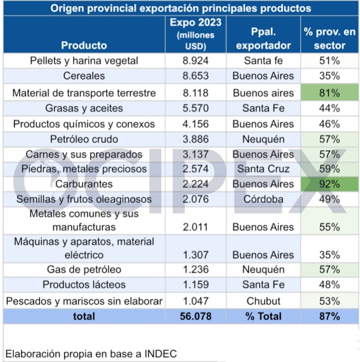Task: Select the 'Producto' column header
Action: coord(84,45)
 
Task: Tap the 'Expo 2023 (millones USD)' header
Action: coord(196,34)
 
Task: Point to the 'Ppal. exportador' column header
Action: coord(263,39)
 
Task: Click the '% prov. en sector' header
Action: coord(330,39)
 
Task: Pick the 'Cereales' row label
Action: coord(84,75)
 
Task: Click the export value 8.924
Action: coord(196,60)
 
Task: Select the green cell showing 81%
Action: coord(330,93)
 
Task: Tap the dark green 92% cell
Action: coord(330,184)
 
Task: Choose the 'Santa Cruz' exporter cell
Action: coord(263,168)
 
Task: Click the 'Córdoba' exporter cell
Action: coord(263,199)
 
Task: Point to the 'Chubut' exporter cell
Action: coord(263,301)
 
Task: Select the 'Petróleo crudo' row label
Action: coord(84,138)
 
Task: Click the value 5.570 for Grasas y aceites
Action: coord(196,108)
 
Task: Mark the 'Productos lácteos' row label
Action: coord(84,285)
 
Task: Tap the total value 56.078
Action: coord(196,316)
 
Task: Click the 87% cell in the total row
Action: coord(330,316)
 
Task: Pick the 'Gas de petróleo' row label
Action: coord(84,270)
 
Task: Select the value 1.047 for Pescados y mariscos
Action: coord(196,301)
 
